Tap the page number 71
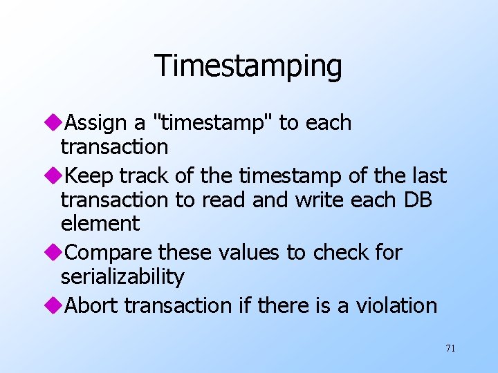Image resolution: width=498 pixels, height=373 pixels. [450, 348]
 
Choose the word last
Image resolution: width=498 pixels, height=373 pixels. [428, 176]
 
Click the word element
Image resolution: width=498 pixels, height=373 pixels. [100, 224]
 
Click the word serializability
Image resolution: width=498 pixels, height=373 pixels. [122, 277]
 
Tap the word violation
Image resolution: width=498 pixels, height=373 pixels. [396, 305]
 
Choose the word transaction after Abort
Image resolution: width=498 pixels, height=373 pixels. [177, 305]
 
